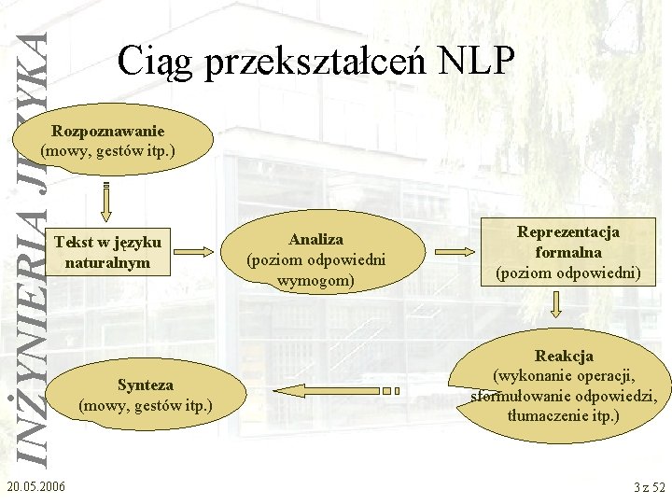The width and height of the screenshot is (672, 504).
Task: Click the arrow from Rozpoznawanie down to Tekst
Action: click(x=108, y=199)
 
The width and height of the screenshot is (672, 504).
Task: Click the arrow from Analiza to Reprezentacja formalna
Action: click(x=455, y=252)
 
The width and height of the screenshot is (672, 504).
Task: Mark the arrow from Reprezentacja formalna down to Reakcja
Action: click(x=557, y=304)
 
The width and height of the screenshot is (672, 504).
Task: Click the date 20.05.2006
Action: click(x=35, y=486)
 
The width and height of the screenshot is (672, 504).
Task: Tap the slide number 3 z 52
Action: click(x=649, y=486)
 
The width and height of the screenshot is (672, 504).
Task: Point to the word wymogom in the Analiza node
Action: click(x=315, y=278)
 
